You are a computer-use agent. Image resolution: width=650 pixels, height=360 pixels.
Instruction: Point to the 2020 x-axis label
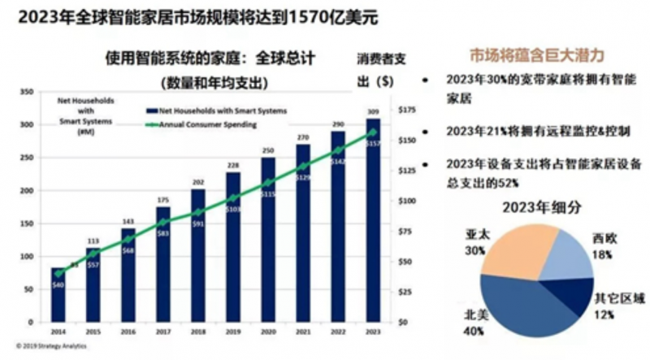(266, 332)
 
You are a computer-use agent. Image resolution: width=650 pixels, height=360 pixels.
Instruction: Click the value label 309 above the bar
(373, 111)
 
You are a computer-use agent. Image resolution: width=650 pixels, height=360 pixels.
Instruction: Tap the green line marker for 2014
(57, 273)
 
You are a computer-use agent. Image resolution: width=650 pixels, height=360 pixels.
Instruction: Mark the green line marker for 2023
(373, 132)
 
